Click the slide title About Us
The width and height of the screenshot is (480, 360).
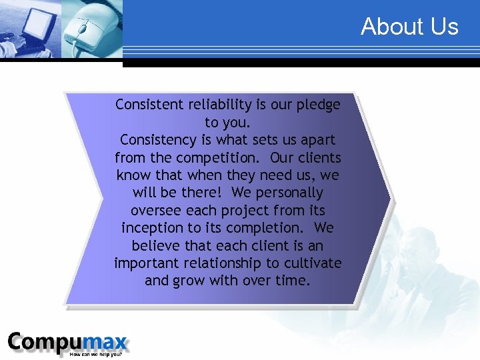(x=409, y=27)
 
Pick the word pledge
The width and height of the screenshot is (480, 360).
(x=319, y=105)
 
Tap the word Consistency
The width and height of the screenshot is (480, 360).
(x=159, y=140)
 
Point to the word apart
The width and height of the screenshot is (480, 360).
(x=316, y=140)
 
